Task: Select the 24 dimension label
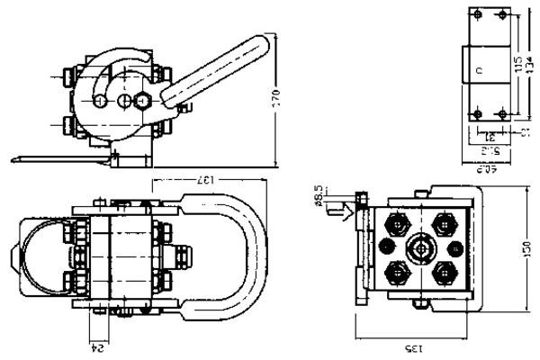(99, 343)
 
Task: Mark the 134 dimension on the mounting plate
(528, 66)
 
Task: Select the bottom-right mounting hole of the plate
(501, 114)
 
